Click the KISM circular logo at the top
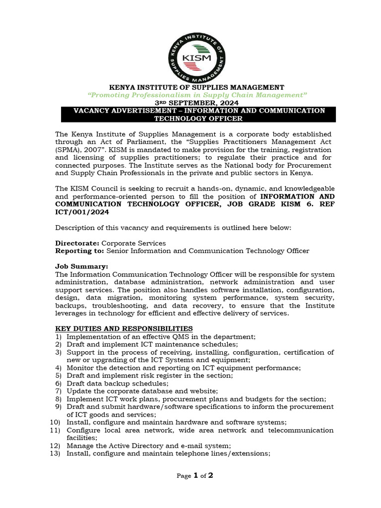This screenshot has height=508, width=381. point(197,57)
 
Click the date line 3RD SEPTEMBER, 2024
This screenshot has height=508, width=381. point(197,102)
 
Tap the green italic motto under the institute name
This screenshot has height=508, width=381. point(197,94)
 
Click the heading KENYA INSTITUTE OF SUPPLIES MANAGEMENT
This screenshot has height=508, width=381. point(197,87)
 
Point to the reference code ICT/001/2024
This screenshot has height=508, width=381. point(82,212)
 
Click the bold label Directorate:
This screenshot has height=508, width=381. point(77,243)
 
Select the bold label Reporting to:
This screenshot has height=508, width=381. point(80,251)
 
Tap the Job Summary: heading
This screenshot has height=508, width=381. point(81,266)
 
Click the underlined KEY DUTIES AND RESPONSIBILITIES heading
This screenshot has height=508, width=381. point(124,329)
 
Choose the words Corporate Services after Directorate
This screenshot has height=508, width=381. point(133,243)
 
